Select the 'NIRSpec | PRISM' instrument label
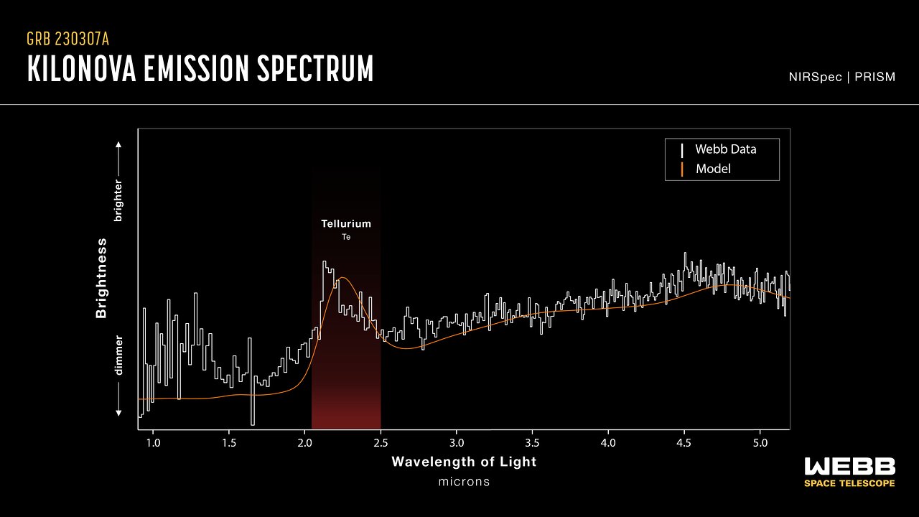click(841, 77)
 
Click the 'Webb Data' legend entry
click(725, 149)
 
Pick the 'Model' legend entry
click(713, 169)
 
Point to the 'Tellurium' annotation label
click(346, 224)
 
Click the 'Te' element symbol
click(346, 236)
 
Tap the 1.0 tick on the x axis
click(153, 442)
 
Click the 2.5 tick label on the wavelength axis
click(381, 442)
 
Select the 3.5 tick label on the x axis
click(532, 442)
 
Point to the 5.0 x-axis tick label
click(760, 442)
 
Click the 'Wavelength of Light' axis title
click(464, 462)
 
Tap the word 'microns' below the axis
click(464, 482)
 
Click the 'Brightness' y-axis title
click(101, 278)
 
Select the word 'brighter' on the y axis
click(119, 200)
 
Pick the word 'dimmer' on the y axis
click(119, 355)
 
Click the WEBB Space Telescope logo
click(850, 472)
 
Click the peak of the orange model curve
click(343, 277)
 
